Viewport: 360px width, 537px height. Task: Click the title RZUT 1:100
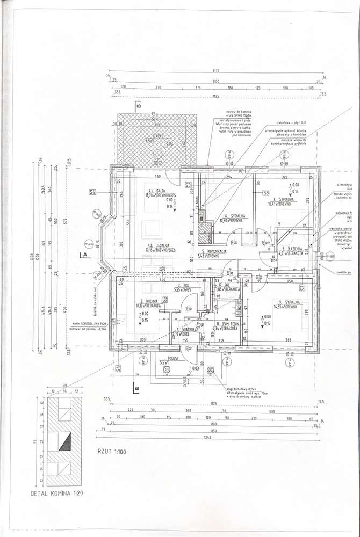tap(111, 452)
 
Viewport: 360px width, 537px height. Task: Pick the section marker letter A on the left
tap(83, 255)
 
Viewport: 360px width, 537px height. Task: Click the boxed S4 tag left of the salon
tap(92, 192)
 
